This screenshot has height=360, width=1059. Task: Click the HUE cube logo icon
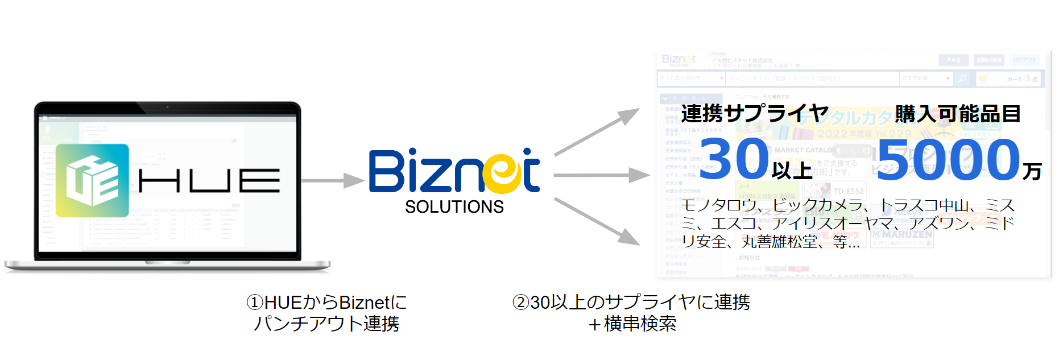(93, 181)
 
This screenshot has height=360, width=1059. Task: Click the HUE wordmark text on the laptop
(209, 181)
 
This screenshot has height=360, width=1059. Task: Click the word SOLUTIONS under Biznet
(454, 207)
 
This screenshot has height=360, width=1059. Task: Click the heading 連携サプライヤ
(754, 114)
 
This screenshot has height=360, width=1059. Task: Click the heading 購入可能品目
(958, 114)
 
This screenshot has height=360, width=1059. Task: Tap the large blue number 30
(734, 159)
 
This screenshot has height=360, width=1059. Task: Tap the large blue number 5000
(949, 160)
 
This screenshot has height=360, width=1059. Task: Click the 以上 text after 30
(792, 170)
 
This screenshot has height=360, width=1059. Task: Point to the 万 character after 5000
(1032, 171)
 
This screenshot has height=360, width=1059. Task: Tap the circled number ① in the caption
(254, 302)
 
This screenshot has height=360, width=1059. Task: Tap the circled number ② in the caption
(520, 302)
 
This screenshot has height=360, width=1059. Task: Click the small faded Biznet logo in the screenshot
(679, 60)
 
